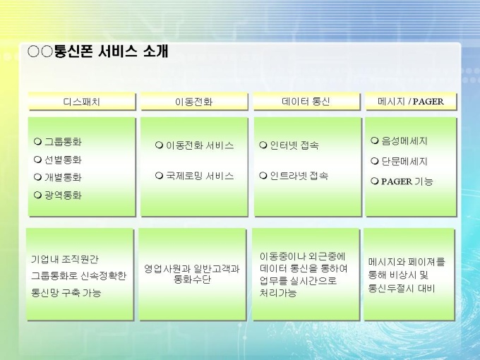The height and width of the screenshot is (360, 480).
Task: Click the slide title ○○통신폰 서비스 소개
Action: coord(97,52)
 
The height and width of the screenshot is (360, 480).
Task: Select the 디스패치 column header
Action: coord(82,102)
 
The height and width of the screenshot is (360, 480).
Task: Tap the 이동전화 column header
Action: coord(194,102)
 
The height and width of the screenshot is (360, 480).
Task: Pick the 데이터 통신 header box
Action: coord(306,102)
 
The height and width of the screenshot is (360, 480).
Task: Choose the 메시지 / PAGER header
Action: coord(411,102)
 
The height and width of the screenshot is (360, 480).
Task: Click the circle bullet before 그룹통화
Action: coord(37,141)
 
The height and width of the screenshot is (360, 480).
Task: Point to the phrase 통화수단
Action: coord(192,280)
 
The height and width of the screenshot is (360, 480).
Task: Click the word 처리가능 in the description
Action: coord(278,293)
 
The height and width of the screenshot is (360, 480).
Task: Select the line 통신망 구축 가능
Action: coord(66,293)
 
